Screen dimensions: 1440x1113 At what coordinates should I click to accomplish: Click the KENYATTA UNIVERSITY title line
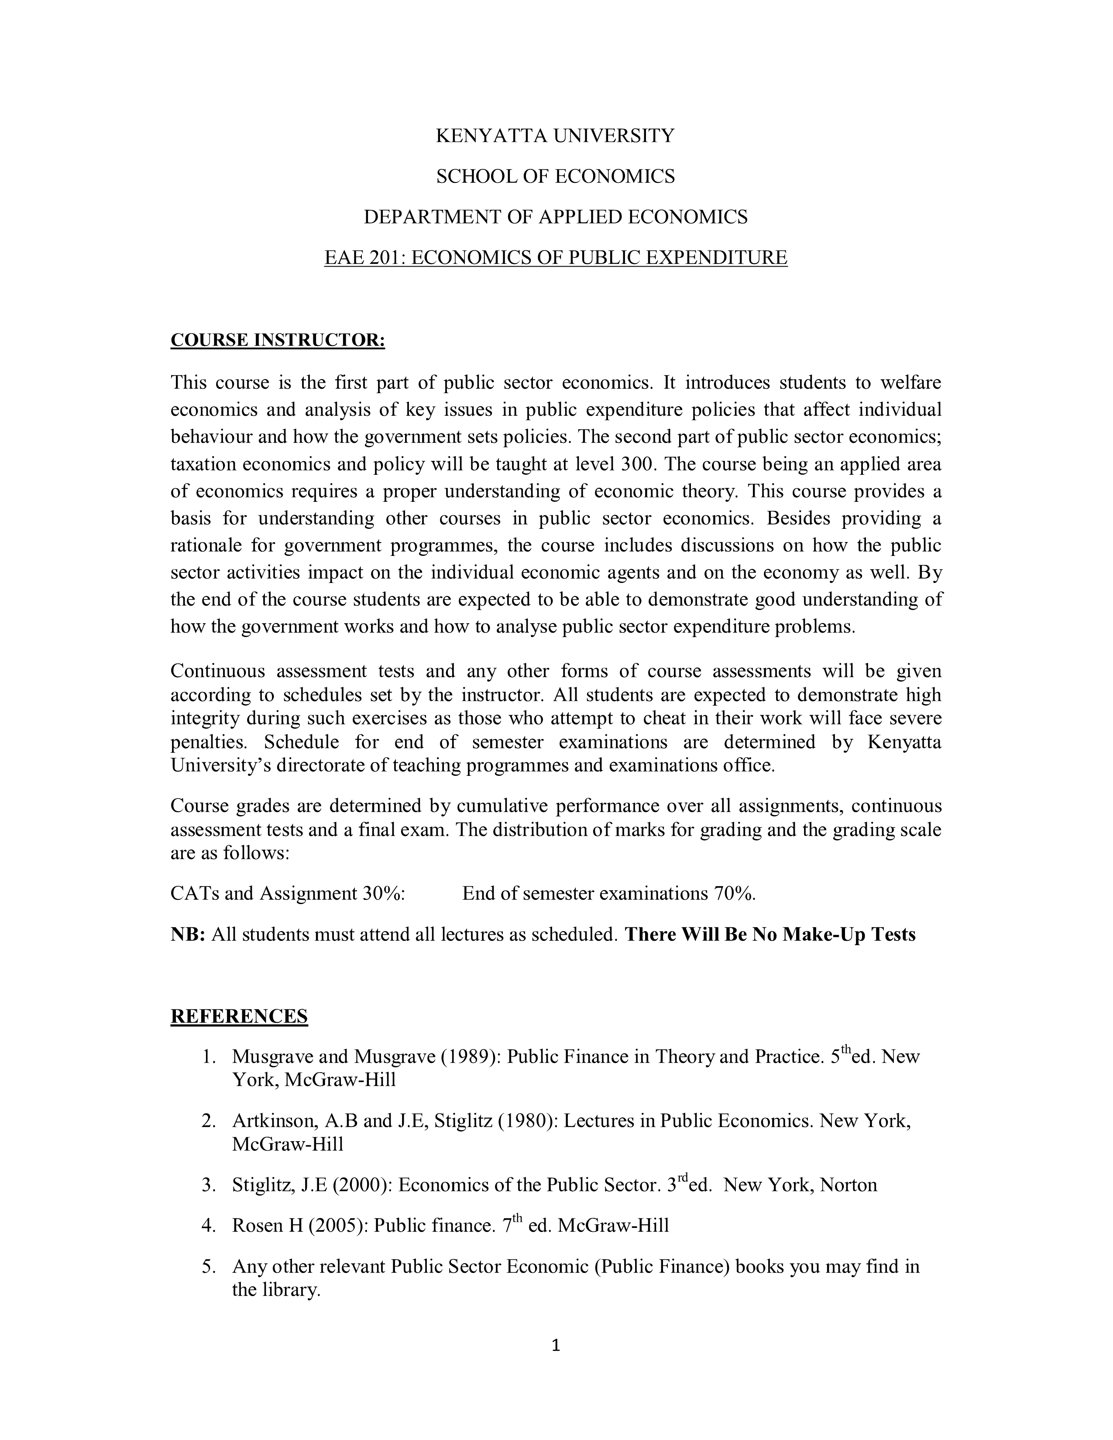555,136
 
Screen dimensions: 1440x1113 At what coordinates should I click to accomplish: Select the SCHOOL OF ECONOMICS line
555,176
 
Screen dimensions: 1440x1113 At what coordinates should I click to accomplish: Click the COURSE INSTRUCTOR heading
278,340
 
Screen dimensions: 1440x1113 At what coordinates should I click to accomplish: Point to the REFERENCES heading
239,1016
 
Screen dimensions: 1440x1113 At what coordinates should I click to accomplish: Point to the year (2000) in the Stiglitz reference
362,1185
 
